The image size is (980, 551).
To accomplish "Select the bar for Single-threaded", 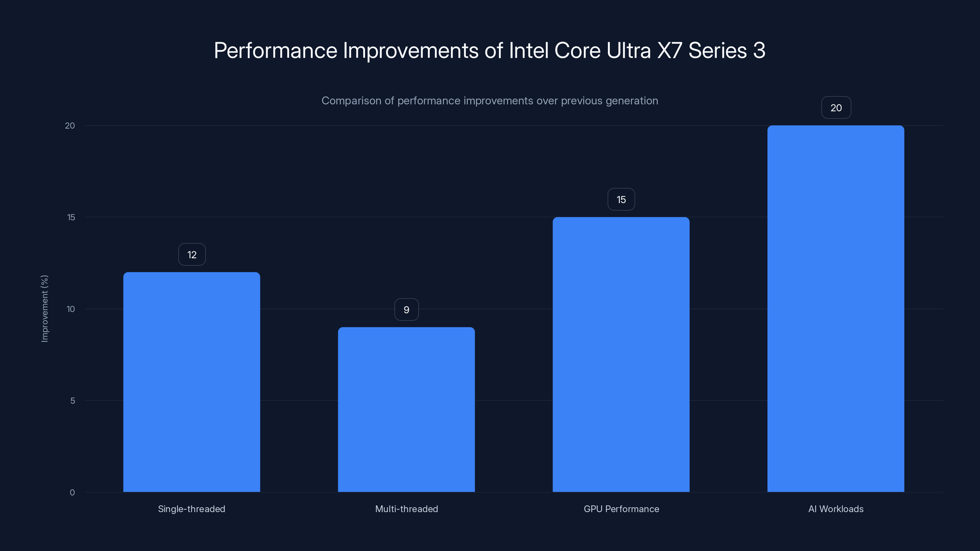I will tap(192, 382).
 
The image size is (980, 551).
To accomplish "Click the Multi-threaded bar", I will tap(406, 410).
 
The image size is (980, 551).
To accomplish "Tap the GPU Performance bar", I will tap(621, 354).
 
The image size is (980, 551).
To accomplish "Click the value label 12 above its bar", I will tap(192, 255).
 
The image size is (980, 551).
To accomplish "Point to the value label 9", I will tap(406, 310).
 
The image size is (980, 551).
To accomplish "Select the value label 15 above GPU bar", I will tap(621, 200).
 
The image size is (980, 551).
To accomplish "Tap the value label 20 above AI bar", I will tap(836, 108).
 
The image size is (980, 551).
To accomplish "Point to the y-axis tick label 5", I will tap(73, 401).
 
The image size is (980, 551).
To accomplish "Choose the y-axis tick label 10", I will tap(71, 309).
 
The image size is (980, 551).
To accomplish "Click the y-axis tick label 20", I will tap(70, 126).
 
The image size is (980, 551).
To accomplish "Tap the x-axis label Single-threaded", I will tap(191, 509).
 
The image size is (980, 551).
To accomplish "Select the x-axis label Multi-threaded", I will tap(406, 509).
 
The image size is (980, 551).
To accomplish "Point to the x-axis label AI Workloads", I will tap(835, 509).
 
